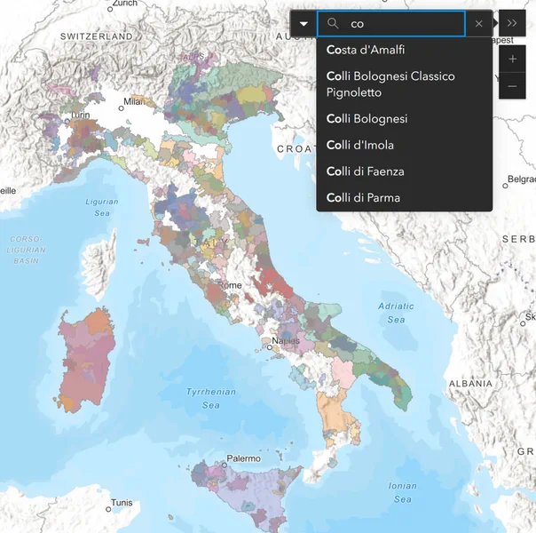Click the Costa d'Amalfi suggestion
[x=366, y=50]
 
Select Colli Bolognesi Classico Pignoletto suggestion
[x=390, y=84]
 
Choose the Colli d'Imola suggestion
[x=360, y=145]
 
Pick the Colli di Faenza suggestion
[x=364, y=171]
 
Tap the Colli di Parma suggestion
[x=363, y=197]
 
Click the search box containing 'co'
[x=404, y=24]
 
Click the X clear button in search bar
[x=479, y=24]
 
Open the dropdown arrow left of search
[x=303, y=24]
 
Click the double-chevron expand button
[x=512, y=24]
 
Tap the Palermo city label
[x=243, y=458]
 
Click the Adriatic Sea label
[x=396, y=313]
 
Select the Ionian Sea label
[x=402, y=491]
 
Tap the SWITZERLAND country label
[x=96, y=36]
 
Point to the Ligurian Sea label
[x=102, y=207]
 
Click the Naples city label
[x=286, y=340]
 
